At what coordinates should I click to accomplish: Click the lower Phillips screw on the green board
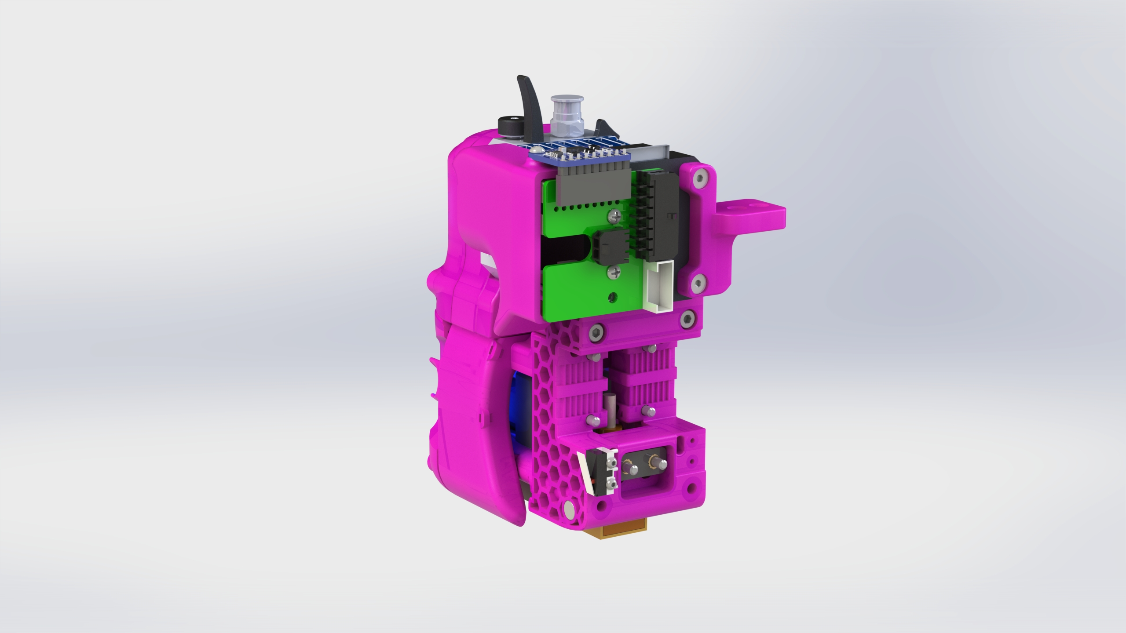pyautogui.click(x=614, y=274)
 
